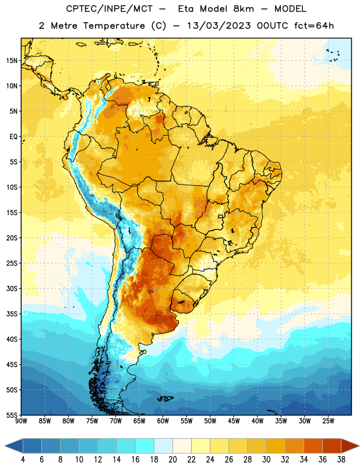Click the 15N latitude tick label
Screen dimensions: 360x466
coord(12,61)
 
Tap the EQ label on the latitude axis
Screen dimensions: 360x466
coord(13,137)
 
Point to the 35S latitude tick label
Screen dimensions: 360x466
coord(12,314)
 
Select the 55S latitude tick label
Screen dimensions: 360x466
coord(12,415)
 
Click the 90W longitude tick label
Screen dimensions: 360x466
coord(21,421)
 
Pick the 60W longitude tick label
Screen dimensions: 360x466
coord(163,421)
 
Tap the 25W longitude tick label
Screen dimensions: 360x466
coord(328,421)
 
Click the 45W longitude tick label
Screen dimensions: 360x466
coord(234,421)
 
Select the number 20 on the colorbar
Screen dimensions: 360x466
coord(172,460)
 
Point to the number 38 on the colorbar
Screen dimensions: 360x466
coord(341,460)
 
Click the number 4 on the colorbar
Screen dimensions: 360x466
coord(23,460)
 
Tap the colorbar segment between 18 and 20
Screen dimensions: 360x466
coord(164,446)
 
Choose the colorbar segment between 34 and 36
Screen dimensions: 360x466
coord(313,446)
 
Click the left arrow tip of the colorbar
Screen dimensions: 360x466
coord(5,446)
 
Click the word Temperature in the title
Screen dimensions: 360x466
coord(114,26)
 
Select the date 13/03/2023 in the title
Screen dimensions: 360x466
coord(219,26)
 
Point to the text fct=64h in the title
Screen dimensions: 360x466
coord(314,26)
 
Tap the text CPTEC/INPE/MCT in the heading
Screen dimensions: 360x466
coord(109,9)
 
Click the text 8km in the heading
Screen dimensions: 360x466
coord(243,9)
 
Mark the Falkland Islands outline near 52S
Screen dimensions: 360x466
coord(164,398)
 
